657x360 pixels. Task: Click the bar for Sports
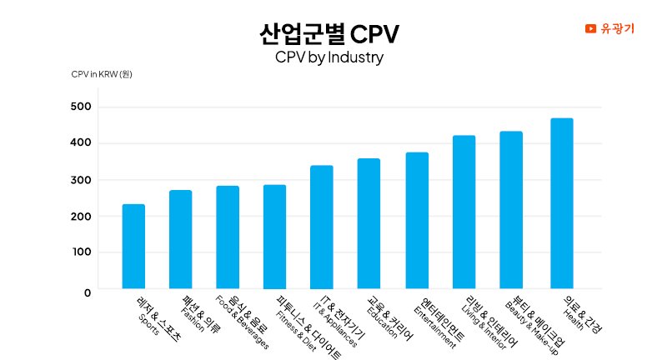tap(133, 247)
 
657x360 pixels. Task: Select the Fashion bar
tap(180, 240)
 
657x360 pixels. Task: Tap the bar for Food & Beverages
tap(228, 237)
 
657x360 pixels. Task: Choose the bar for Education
tap(369, 224)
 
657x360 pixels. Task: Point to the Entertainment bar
tap(417, 221)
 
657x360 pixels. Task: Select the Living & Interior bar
tap(464, 212)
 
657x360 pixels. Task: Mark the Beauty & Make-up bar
tap(511, 210)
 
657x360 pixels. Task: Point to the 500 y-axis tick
tap(81, 107)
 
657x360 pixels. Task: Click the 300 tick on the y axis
tap(81, 180)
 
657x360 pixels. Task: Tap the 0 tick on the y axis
tap(87, 292)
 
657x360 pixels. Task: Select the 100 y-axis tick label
tap(81, 252)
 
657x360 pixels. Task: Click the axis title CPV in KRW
tap(102, 75)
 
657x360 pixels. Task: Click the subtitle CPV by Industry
tap(328, 58)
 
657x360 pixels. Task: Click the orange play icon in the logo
tap(590, 28)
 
